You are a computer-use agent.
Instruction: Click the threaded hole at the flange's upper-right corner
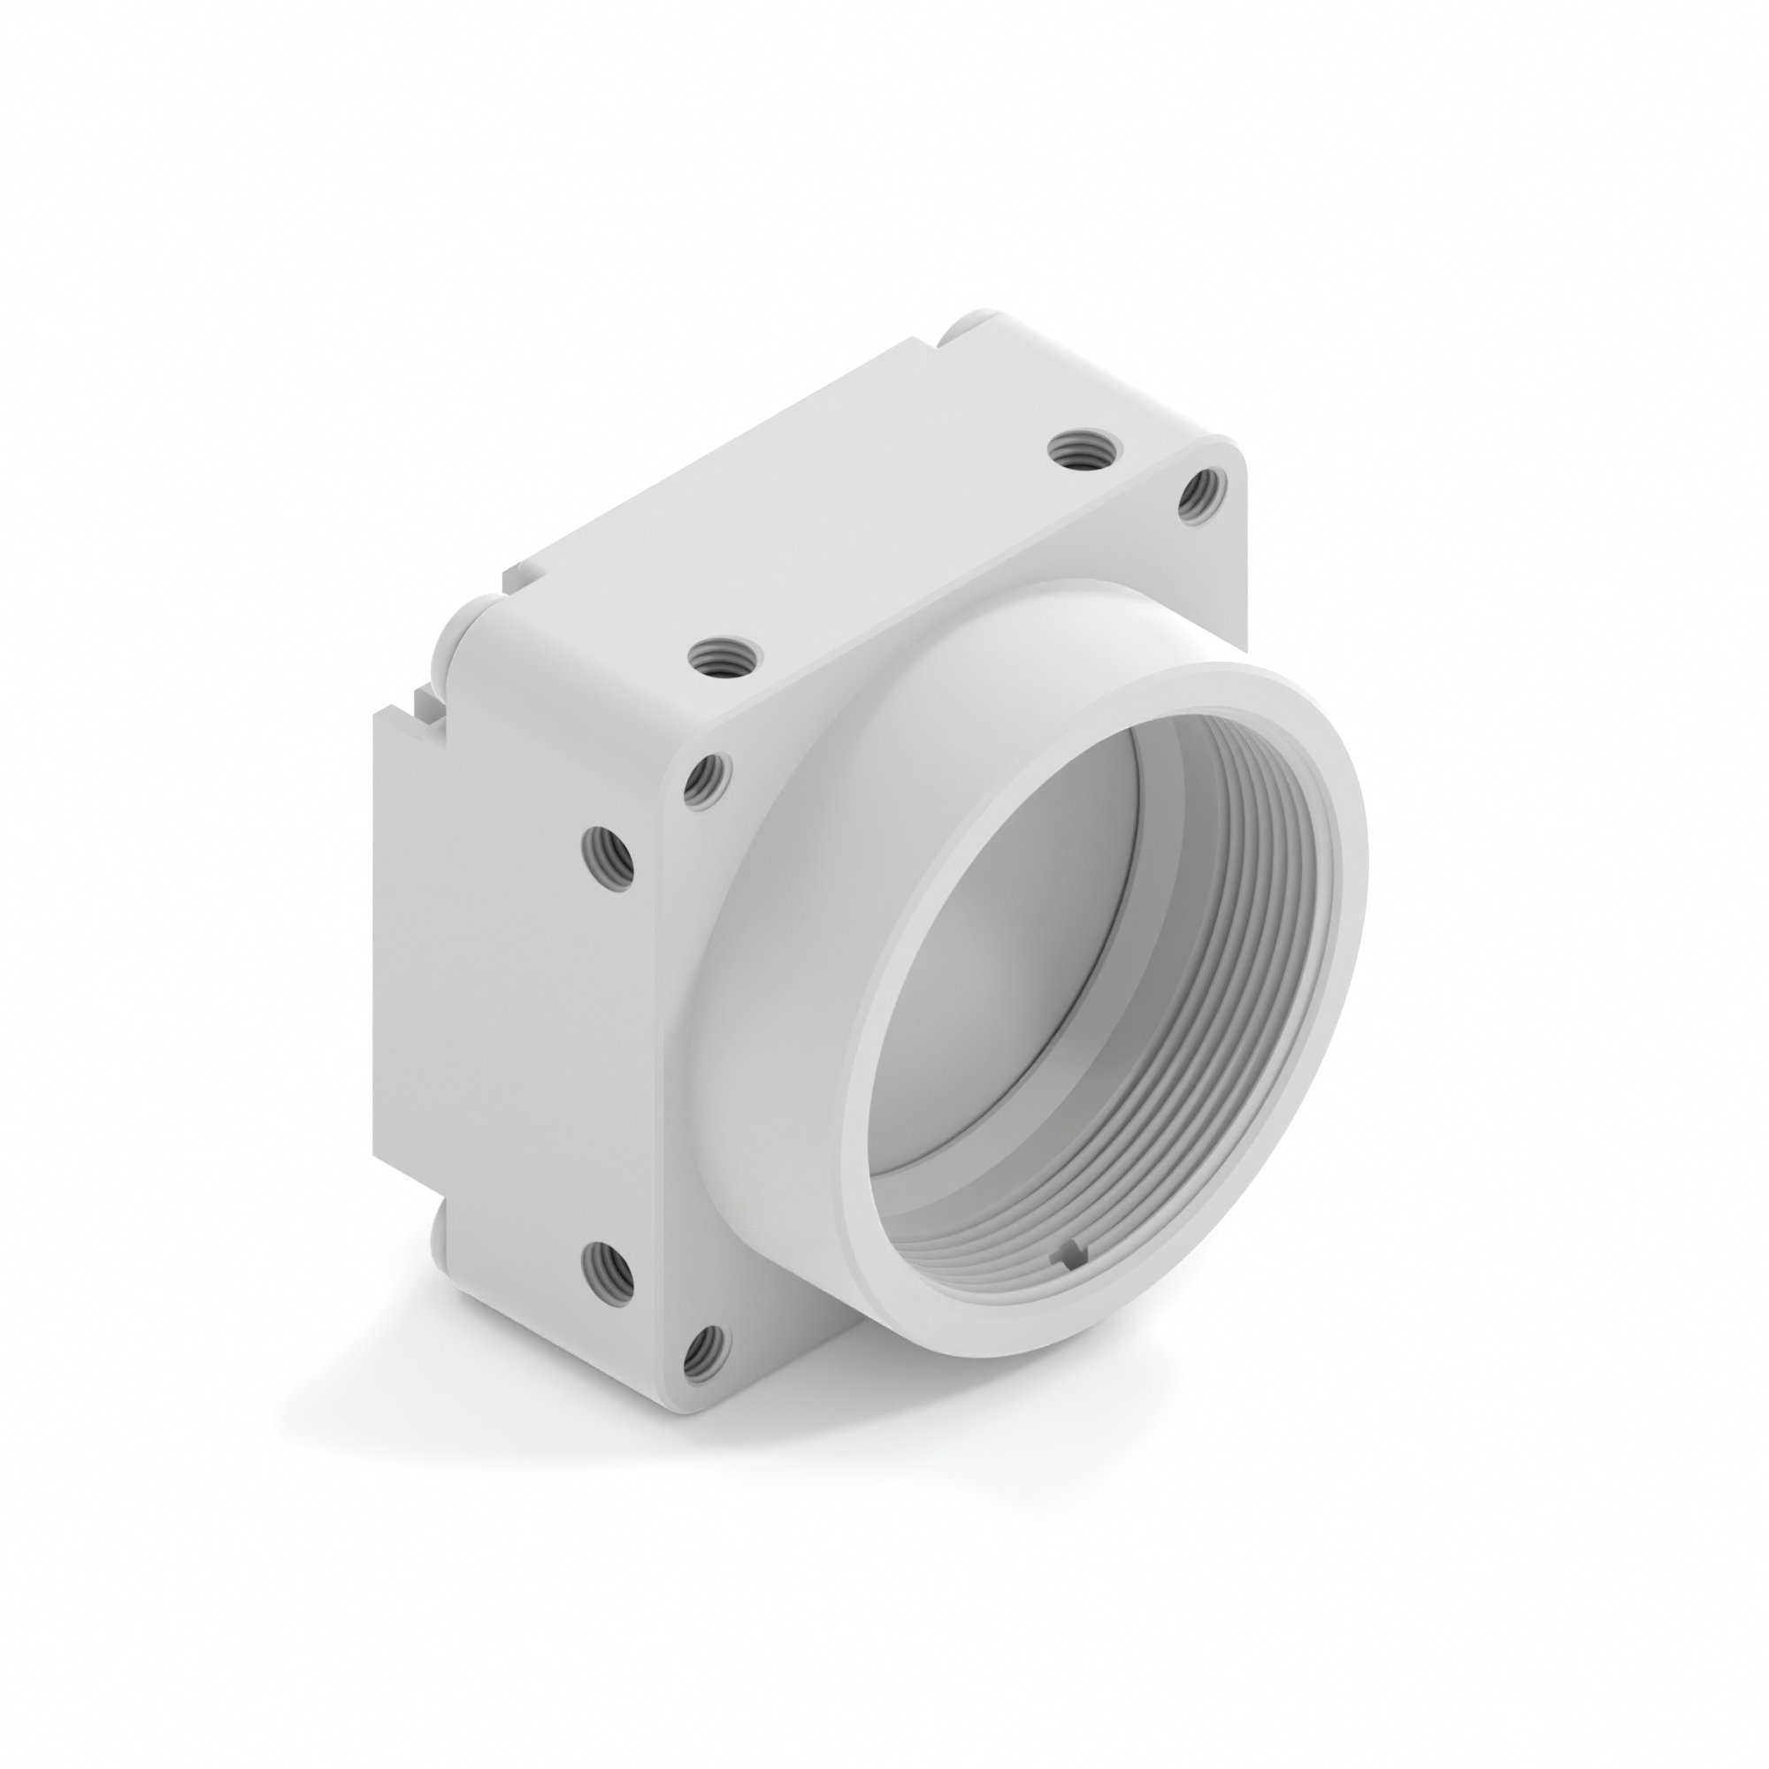[1198, 496]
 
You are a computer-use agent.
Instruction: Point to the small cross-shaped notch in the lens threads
[1071, 1255]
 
